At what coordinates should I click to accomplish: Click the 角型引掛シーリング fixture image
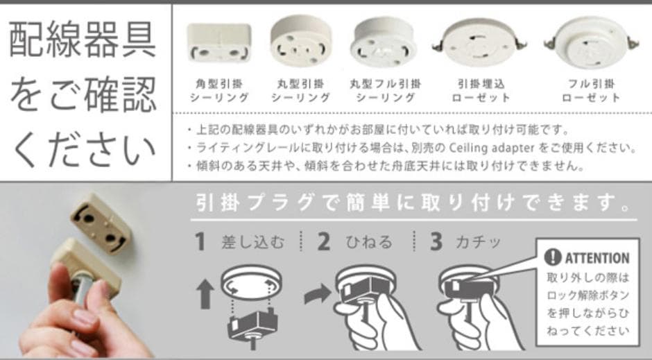coord(219,42)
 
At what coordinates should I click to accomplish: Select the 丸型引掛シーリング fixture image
coord(300,41)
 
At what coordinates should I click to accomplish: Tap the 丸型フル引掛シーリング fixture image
coord(384,42)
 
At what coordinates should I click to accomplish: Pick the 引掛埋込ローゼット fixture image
coord(479,43)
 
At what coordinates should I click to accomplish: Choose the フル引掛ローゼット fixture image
coord(591,43)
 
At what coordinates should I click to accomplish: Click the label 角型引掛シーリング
coord(219,91)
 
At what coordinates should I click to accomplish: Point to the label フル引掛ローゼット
coord(591,91)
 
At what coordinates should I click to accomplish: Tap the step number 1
coord(200,241)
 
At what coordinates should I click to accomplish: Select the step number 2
coord(323,241)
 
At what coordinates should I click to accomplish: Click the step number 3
coord(436,241)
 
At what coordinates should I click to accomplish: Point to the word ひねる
coord(369,242)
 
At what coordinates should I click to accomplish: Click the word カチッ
coord(479,242)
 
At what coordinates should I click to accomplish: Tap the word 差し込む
coord(252,242)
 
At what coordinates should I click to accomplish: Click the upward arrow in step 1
coord(205,294)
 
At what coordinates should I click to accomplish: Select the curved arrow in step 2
coord(317,294)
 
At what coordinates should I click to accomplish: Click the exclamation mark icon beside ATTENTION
coord(553,257)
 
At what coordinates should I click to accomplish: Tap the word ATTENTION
coord(597,258)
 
